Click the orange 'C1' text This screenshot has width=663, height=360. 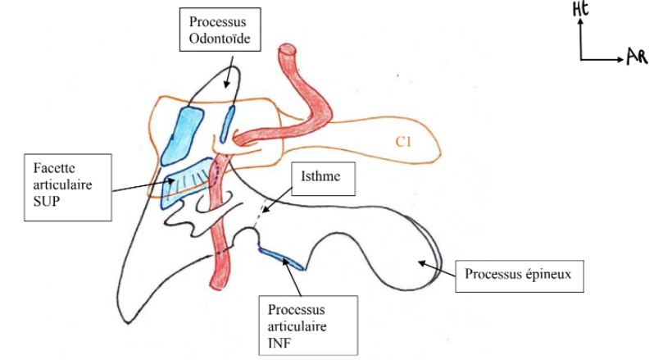pos(402,142)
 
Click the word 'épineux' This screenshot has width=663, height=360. pos(552,271)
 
